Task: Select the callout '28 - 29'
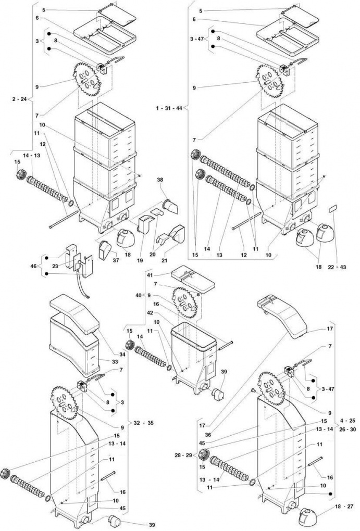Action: (182, 456)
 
